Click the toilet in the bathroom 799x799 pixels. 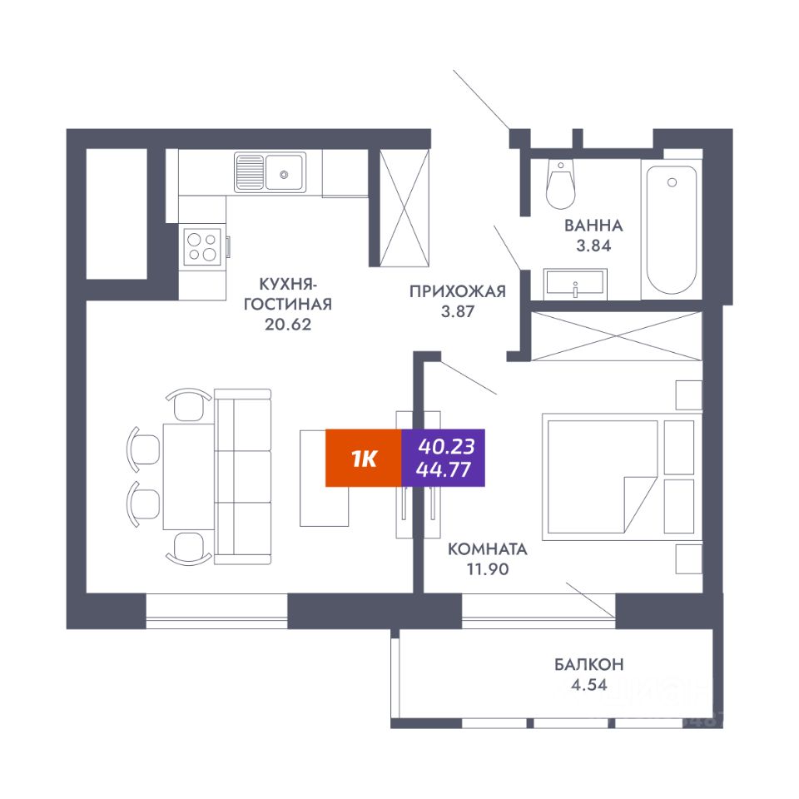pos(559,184)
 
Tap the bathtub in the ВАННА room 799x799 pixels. pos(671,230)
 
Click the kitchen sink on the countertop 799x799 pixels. pos(270,172)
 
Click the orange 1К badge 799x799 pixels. pos(363,458)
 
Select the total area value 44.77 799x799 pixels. pos(443,470)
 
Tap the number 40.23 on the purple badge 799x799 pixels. pos(443,444)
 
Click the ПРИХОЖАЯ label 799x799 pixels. pos(457,290)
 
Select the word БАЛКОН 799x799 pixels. pos(589,664)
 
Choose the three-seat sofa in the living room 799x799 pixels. pos(243,476)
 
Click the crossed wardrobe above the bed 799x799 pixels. pos(616,336)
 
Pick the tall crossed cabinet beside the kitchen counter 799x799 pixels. pos(404,208)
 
